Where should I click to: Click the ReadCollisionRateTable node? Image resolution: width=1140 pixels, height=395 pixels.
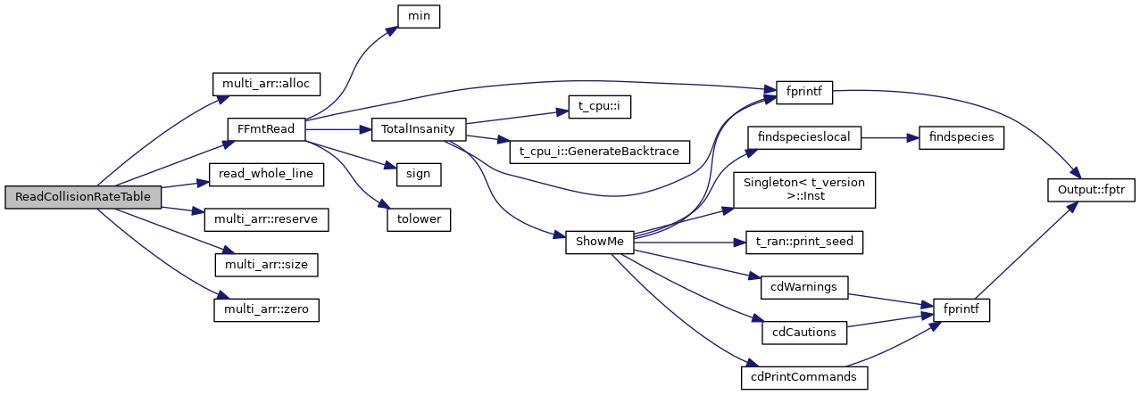(x=83, y=197)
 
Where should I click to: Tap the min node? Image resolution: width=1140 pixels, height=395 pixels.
(x=418, y=15)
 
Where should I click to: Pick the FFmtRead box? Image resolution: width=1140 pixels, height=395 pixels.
(x=266, y=128)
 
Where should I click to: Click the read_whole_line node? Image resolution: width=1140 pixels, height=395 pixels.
(x=265, y=174)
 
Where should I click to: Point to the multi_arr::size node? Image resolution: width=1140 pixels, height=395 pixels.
(x=267, y=265)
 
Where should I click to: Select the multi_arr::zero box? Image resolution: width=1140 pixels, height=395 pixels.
(x=267, y=309)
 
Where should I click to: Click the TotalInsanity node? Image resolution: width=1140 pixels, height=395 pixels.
(x=418, y=128)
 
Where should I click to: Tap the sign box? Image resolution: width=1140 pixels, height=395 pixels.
(x=418, y=174)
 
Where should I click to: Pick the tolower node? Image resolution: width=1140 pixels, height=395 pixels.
(x=418, y=219)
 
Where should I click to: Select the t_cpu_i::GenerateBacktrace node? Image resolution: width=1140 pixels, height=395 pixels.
(x=594, y=152)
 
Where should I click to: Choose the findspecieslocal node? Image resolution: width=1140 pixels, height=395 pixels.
(x=803, y=137)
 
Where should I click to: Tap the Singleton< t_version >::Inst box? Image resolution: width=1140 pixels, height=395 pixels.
(x=803, y=190)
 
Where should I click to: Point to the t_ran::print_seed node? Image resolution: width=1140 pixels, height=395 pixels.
(x=803, y=242)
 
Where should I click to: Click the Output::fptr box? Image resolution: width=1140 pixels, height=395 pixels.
(x=1090, y=190)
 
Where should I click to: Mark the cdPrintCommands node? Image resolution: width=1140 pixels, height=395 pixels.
(x=804, y=377)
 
